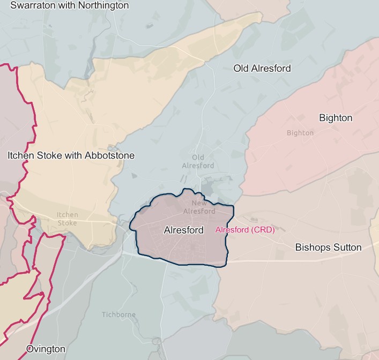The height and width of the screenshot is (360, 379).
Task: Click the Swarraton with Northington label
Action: pyautogui.click(x=70, y=5)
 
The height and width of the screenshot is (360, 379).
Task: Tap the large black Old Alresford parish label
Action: pyautogui.click(x=262, y=68)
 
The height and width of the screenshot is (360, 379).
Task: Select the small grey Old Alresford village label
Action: pyautogui.click(x=198, y=161)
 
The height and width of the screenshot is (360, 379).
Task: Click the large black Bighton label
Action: pyautogui.click(x=336, y=118)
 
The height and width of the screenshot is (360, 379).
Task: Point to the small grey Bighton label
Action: pyautogui.click(x=300, y=133)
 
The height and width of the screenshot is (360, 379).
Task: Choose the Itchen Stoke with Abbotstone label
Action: pyautogui.click(x=71, y=155)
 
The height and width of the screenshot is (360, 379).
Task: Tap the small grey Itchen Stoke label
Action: pyautogui.click(x=68, y=219)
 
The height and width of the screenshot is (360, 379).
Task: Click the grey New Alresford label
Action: pyautogui.click(x=199, y=207)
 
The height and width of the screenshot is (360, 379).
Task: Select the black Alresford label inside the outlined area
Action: pyautogui.click(x=183, y=230)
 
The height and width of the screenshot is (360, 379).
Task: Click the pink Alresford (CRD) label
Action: pyautogui.click(x=244, y=230)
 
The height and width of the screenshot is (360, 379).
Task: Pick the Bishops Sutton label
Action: pyautogui.click(x=329, y=247)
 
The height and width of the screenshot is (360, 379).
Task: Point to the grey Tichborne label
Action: pyautogui.click(x=119, y=314)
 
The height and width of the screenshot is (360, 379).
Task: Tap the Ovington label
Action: pyautogui.click(x=46, y=349)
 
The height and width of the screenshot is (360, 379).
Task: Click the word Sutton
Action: pyautogui.click(x=347, y=247)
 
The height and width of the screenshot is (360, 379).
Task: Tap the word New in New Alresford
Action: pyautogui.click(x=199, y=204)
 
